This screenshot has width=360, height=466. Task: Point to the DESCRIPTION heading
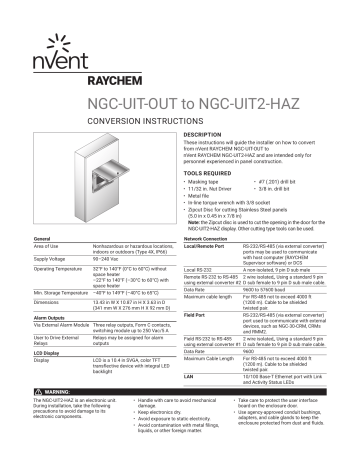(212, 133)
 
